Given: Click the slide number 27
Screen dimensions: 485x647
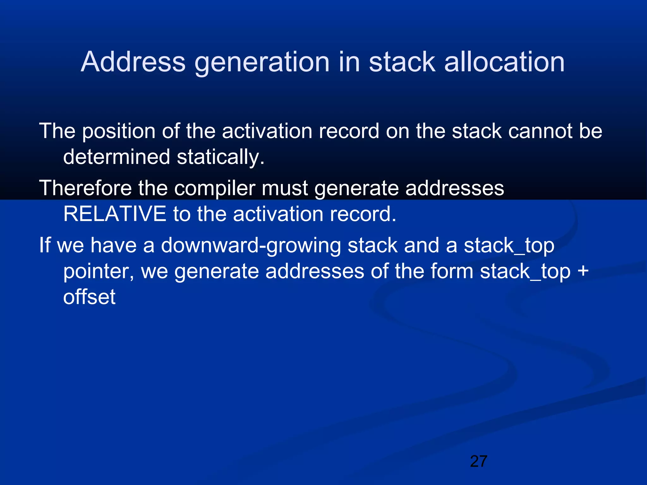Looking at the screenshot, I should [x=479, y=461].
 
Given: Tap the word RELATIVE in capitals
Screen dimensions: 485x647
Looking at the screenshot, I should [x=115, y=214].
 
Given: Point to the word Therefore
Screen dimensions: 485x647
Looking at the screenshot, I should [x=85, y=188].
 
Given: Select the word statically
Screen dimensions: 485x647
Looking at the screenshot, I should [x=220, y=157].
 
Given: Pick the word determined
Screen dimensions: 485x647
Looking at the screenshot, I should [x=117, y=157].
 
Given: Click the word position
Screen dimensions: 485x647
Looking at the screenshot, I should [x=119, y=131].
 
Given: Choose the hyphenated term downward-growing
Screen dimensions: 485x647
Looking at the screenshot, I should [x=251, y=246].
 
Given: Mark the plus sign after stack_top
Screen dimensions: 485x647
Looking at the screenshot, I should [x=583, y=272].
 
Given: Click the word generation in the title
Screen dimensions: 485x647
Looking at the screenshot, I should [x=262, y=62].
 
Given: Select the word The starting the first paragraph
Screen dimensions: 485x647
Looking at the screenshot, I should [x=57, y=131].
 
